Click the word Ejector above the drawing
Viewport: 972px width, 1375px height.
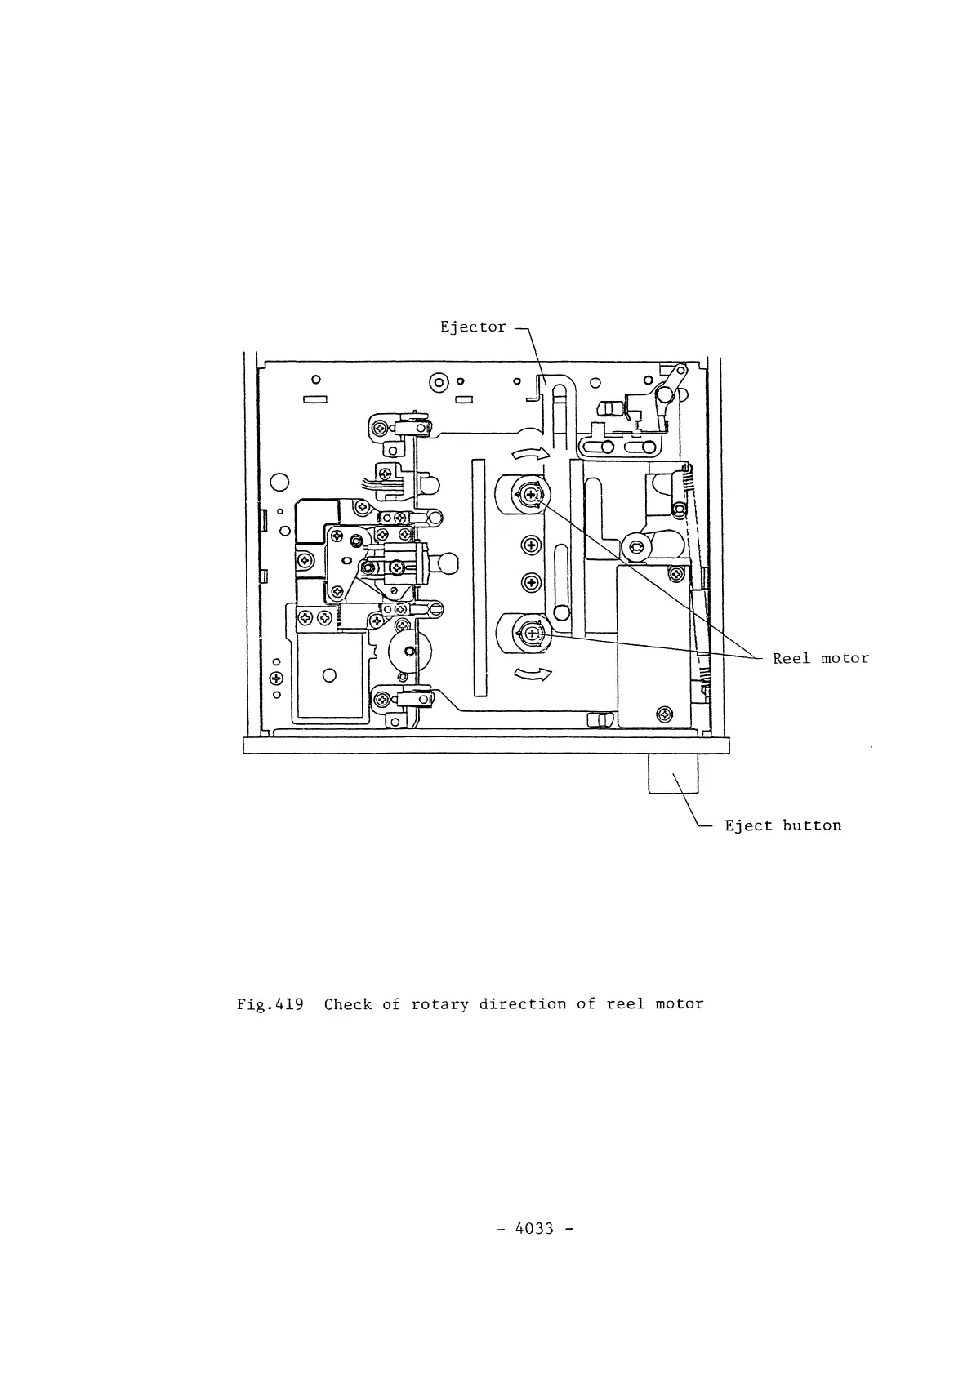[473, 327]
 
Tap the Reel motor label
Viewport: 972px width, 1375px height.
[821, 658]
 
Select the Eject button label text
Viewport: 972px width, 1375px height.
[783, 825]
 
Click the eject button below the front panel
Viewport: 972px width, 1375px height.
[673, 774]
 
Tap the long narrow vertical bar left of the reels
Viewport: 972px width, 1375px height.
[478, 577]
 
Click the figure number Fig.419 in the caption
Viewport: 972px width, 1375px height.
[270, 1004]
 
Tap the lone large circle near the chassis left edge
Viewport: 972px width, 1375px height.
[279, 482]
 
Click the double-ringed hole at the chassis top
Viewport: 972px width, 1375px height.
[439, 381]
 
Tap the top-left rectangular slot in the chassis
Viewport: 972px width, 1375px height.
[315, 400]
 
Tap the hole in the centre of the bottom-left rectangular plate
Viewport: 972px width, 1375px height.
[330, 675]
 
